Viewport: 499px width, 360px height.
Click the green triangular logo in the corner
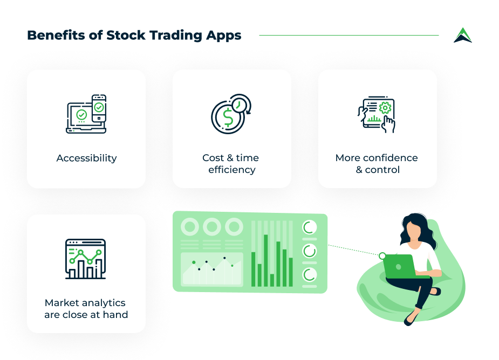(x=462, y=36)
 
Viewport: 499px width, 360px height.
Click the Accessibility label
(x=86, y=158)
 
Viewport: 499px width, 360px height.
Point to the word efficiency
(x=232, y=170)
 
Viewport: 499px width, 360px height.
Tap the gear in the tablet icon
(x=385, y=107)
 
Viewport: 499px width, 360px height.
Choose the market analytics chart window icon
(x=85, y=259)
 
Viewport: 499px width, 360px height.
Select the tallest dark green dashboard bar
(x=265, y=260)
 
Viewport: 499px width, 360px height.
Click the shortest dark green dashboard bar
(x=272, y=280)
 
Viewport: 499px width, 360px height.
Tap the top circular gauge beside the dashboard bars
(x=310, y=227)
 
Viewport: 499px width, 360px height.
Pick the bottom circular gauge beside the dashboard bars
(x=310, y=275)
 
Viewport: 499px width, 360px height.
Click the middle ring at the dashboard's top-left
(x=212, y=226)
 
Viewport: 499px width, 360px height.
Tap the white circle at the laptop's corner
(x=382, y=256)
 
